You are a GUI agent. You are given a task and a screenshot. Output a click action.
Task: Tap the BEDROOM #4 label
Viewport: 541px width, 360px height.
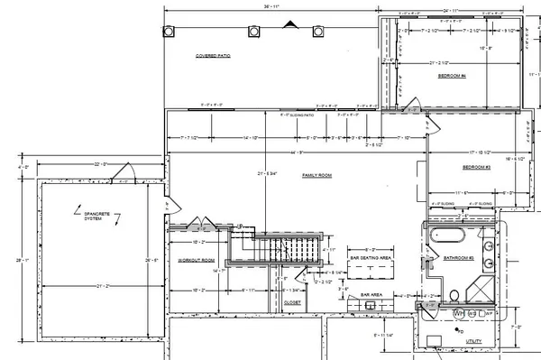tap(451, 77)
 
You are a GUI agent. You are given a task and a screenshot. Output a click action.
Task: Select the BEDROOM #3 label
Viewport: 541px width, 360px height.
tap(476, 168)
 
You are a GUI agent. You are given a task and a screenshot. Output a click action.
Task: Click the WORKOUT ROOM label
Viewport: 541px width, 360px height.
tap(195, 260)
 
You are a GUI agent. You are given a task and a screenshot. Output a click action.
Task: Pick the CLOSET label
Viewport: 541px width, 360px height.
tap(291, 304)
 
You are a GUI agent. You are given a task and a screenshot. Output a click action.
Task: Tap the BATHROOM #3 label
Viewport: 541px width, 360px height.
tap(459, 258)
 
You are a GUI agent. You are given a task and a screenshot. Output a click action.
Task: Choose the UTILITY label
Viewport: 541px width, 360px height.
tap(474, 341)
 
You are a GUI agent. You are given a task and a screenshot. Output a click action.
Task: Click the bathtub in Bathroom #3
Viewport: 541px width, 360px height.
tap(445, 239)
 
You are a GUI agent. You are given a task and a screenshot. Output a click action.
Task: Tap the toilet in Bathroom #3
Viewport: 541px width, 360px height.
tap(455, 294)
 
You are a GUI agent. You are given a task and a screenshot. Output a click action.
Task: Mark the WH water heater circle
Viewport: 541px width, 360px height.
tap(458, 313)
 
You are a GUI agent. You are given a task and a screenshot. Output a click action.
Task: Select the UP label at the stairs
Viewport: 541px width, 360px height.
tap(241, 226)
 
